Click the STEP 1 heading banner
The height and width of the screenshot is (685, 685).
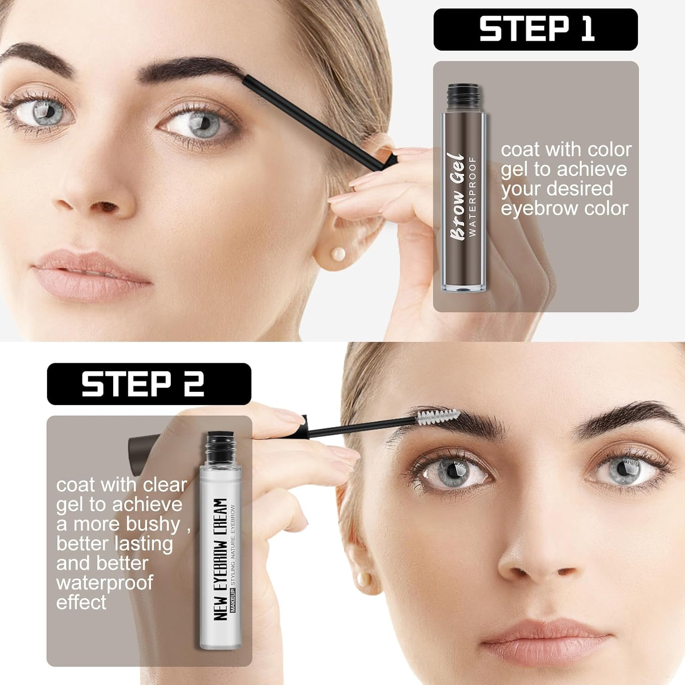click(535, 29)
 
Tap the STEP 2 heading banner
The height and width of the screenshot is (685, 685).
click(149, 384)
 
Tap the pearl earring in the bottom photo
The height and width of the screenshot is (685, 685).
click(364, 579)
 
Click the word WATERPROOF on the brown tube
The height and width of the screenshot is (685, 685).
click(473, 196)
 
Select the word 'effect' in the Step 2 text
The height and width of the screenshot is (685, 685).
click(81, 602)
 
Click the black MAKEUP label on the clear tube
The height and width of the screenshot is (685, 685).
click(232, 600)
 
